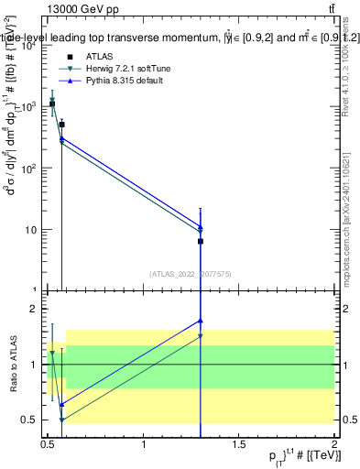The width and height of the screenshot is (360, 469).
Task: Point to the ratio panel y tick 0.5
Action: click(29, 420)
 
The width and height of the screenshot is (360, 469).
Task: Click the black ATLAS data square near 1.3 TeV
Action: click(201, 241)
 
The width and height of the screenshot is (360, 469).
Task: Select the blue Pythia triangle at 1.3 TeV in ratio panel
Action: click(201, 321)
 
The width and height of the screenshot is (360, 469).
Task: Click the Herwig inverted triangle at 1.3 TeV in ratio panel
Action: click(201, 336)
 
